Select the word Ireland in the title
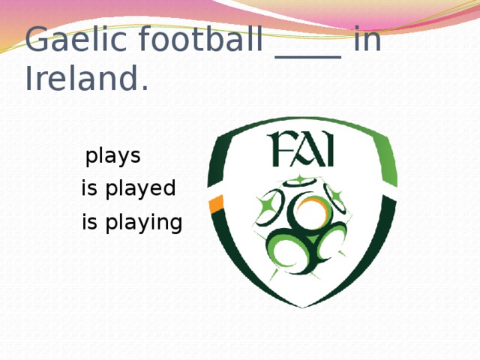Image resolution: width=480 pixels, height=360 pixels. (x=79, y=79)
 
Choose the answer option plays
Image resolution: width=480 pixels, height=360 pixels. (x=113, y=157)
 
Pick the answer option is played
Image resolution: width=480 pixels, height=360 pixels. (x=128, y=188)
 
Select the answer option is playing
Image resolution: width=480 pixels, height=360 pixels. (x=132, y=223)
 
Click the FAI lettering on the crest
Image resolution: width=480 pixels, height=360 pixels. (x=302, y=150)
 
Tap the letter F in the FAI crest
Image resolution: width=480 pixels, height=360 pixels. (x=281, y=150)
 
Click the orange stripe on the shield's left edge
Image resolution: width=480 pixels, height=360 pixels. (x=216, y=202)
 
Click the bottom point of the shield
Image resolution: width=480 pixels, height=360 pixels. (x=303, y=305)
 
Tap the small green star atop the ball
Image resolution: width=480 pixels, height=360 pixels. (x=299, y=179)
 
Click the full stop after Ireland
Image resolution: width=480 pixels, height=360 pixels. (x=143, y=88)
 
